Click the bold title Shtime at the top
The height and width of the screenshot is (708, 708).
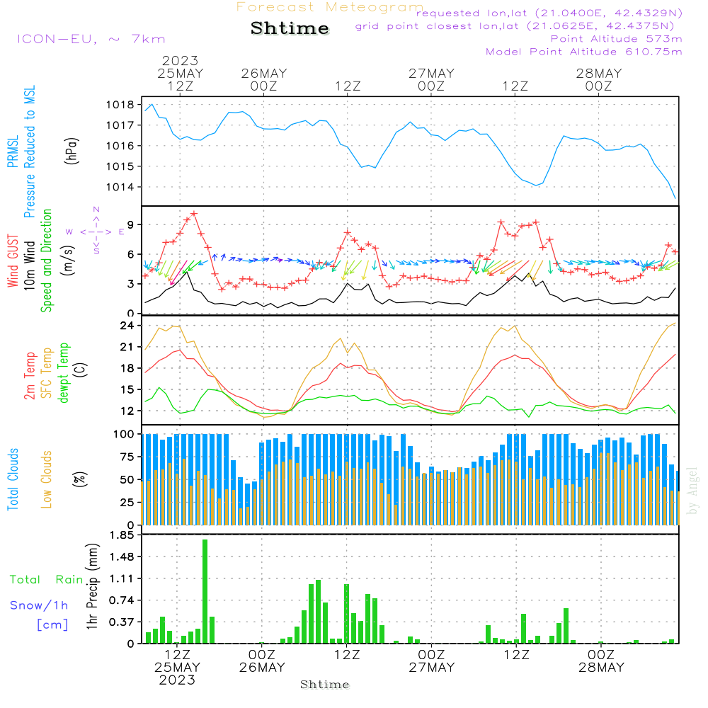pos(290,28)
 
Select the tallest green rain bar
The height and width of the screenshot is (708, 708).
pos(205,591)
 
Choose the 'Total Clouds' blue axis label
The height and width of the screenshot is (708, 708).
pos(13,479)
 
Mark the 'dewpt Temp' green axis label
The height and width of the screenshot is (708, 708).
pos(64,373)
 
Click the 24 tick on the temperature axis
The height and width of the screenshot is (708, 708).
pos(127,326)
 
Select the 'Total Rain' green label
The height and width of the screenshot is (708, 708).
pos(46,579)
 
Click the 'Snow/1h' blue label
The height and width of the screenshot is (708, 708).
pos(39,605)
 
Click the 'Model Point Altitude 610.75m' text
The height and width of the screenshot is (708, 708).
pos(584,52)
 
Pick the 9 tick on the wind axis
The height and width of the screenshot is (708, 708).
pos(131,224)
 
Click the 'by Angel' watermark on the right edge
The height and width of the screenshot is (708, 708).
pos(692,490)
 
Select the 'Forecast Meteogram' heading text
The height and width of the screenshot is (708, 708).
pos(330,7)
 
